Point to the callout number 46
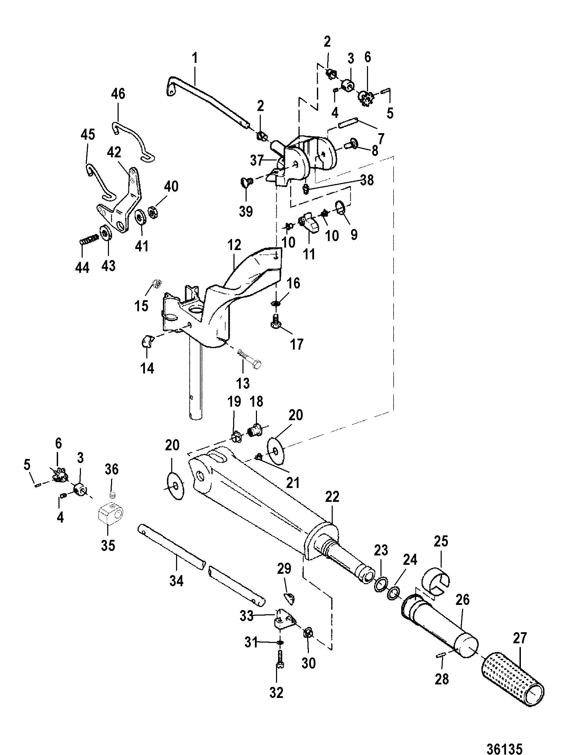point(118,94)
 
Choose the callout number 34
point(176,580)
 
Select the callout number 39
point(246,211)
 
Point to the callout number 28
point(442,679)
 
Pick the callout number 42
point(114,152)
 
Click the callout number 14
point(147,368)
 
